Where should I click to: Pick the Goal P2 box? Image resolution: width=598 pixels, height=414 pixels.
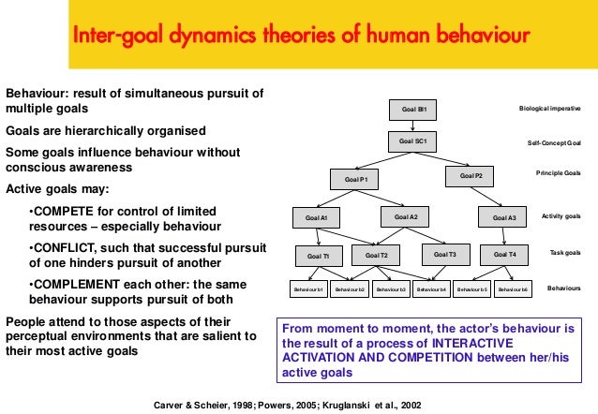click(x=471, y=175)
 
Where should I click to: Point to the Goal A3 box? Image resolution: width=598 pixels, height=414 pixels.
click(x=504, y=218)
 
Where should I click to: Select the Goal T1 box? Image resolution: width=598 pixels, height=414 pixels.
click(x=319, y=255)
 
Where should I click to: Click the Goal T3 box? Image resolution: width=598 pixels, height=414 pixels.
click(x=446, y=254)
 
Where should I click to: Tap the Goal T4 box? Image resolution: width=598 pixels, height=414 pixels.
click(x=505, y=254)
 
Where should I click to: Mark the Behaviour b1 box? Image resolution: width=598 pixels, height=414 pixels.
click(x=308, y=290)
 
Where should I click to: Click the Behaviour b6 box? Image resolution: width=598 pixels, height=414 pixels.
click(x=514, y=290)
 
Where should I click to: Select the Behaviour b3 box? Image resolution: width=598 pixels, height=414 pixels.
click(x=391, y=290)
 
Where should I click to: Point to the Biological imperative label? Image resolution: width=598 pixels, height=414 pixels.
click(x=550, y=109)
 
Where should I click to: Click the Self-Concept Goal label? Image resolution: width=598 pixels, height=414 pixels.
click(x=554, y=143)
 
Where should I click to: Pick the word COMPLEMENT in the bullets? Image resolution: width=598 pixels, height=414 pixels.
click(x=80, y=284)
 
